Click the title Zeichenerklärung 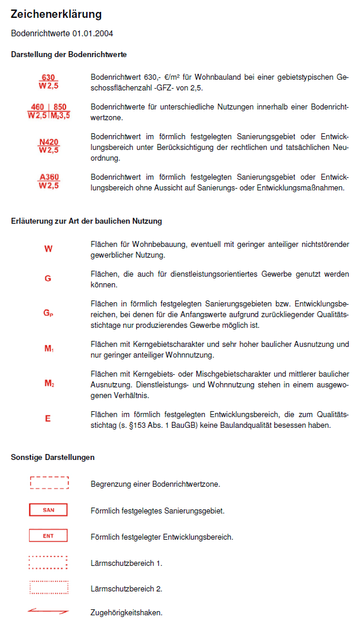57,14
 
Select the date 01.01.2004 93,33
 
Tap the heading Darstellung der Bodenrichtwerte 68,55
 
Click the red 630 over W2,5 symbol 48,82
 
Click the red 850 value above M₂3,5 60,108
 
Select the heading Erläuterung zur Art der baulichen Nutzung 86,221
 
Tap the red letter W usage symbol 48,249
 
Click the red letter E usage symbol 48,419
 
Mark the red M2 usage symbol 49,384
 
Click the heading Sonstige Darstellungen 52,458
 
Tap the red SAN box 48,510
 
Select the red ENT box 48,536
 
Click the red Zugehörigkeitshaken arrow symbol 48,611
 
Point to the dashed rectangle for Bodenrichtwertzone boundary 49,483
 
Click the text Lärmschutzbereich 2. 126,588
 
